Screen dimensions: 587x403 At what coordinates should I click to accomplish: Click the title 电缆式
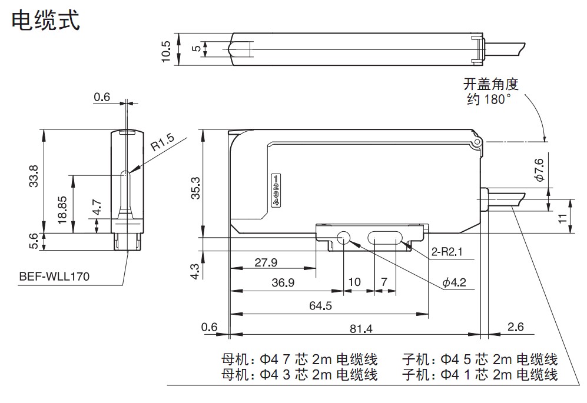(46, 20)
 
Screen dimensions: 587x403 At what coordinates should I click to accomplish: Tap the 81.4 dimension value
(361, 328)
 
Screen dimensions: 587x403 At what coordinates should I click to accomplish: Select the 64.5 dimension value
(320, 306)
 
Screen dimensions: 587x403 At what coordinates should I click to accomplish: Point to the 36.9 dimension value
(283, 282)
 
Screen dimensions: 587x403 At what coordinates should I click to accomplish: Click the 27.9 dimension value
(266, 262)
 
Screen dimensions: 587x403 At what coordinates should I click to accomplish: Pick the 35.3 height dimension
(195, 188)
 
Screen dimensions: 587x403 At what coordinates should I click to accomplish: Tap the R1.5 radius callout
(162, 142)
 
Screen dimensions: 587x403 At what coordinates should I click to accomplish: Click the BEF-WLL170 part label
(54, 276)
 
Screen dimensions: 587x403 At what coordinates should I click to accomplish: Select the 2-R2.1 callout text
(447, 251)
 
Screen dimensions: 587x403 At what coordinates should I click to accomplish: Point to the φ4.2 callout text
(454, 282)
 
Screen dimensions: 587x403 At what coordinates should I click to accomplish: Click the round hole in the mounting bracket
(344, 237)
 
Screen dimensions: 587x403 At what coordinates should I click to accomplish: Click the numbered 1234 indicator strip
(276, 190)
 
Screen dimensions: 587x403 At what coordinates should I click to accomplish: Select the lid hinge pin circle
(476, 142)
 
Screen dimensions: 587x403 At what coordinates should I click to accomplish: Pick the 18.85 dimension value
(62, 210)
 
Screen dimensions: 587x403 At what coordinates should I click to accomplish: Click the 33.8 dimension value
(34, 176)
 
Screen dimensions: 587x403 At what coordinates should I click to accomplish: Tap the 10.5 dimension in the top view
(165, 51)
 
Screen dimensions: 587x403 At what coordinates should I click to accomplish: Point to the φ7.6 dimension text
(539, 170)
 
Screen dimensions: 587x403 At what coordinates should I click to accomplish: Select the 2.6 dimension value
(516, 327)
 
